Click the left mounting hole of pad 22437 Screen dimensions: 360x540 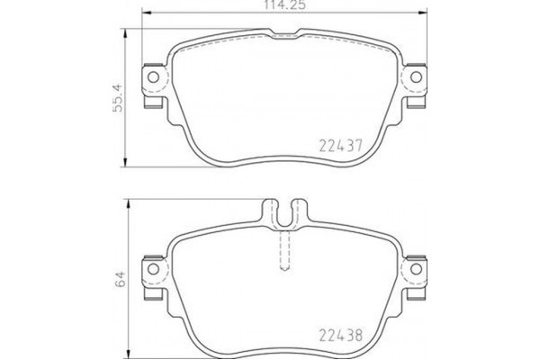152,78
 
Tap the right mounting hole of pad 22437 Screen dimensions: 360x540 416,78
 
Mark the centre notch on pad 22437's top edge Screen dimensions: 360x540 284,34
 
